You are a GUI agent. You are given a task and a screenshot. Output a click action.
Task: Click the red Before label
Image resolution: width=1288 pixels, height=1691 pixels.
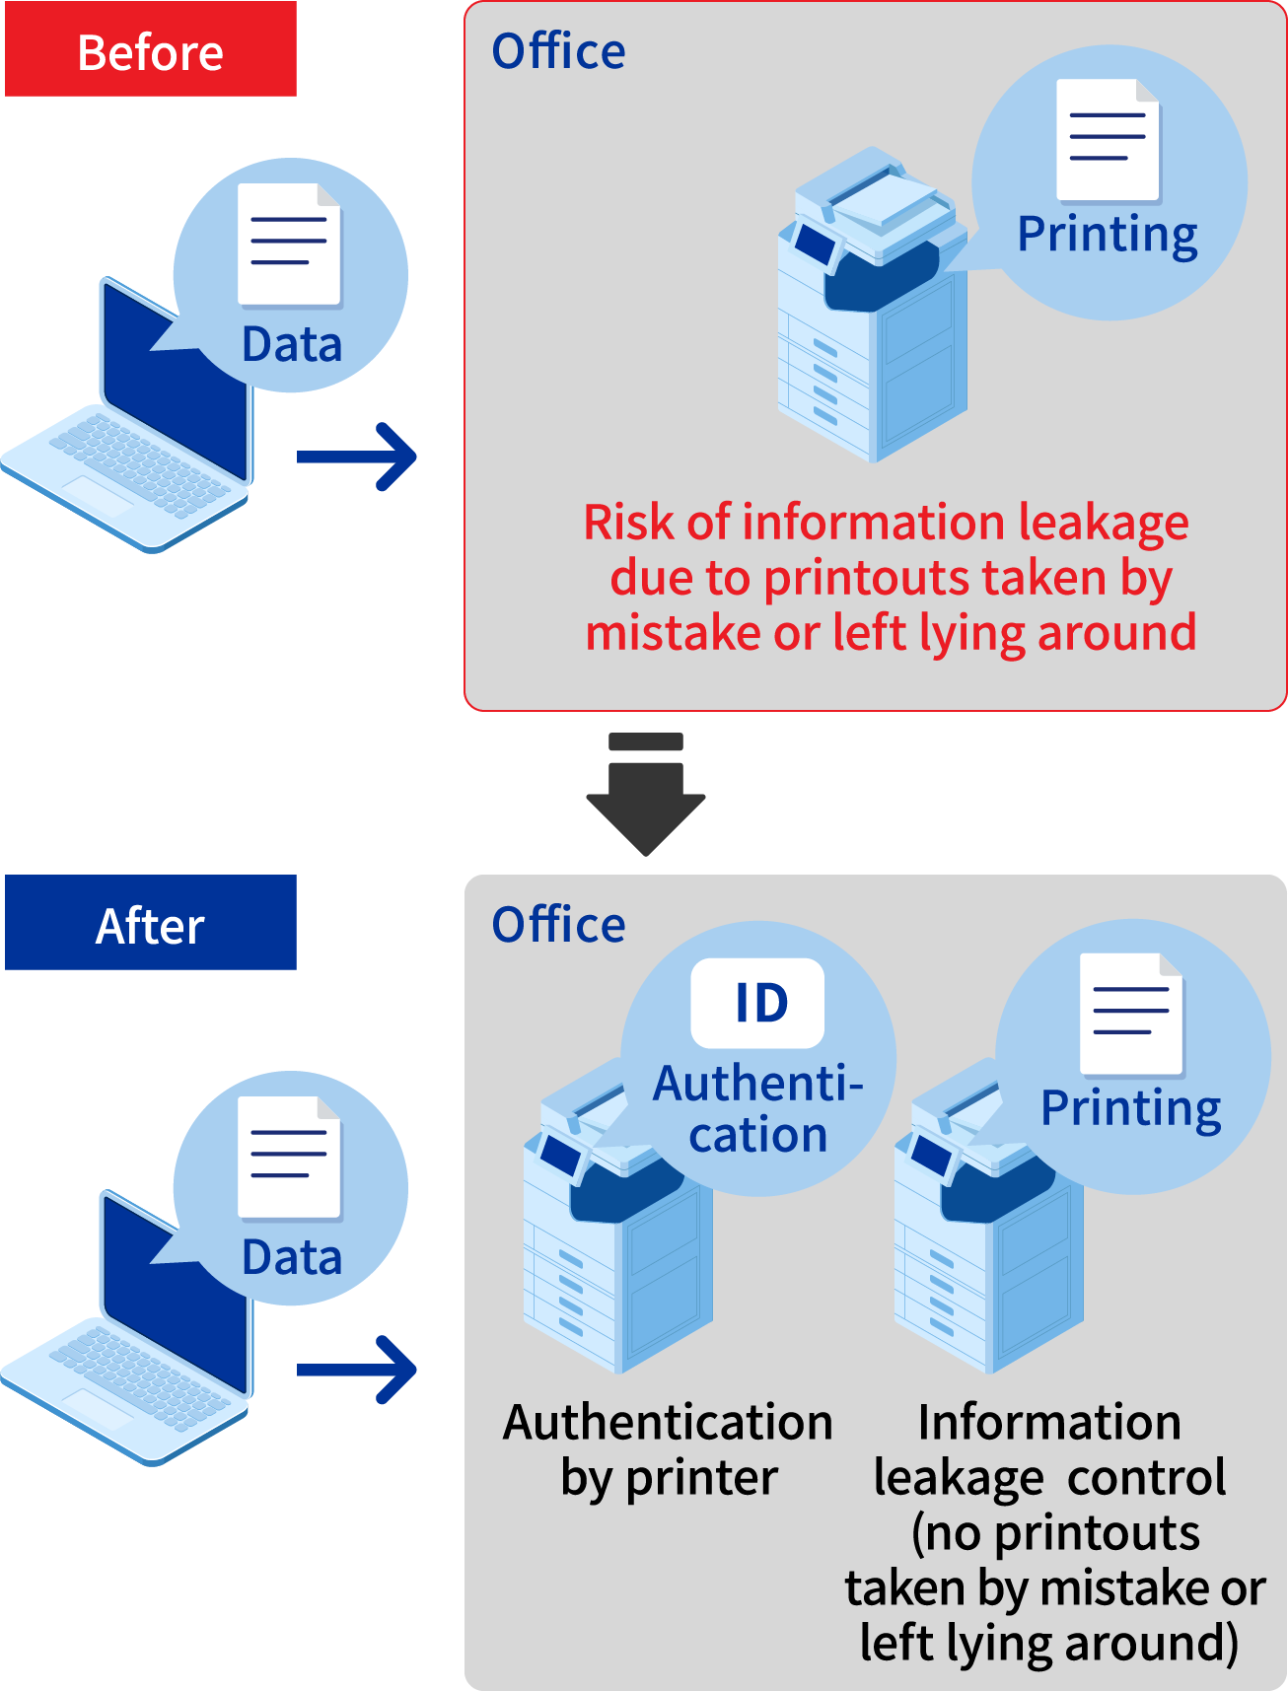click(151, 50)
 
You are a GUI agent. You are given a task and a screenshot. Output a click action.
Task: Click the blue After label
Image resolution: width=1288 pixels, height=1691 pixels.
click(151, 924)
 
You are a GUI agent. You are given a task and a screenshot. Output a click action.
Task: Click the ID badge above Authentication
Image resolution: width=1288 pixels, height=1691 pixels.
click(757, 1003)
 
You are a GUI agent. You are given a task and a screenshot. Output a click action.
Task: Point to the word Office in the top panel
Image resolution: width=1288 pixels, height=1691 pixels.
click(558, 51)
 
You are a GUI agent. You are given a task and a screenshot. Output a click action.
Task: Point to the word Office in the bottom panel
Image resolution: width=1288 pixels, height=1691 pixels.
click(558, 925)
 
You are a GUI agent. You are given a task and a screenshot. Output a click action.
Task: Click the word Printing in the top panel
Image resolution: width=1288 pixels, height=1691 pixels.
click(1107, 235)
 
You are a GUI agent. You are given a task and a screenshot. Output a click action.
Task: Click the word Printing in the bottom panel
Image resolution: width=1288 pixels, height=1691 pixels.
click(1130, 1108)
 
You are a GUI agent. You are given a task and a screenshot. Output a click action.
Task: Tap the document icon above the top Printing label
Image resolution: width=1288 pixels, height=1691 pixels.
click(1108, 139)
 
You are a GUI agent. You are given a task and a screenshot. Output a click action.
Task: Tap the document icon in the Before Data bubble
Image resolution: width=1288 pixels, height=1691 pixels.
click(289, 244)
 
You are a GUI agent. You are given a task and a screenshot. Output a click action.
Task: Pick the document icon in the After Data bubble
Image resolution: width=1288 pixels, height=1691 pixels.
click(289, 1157)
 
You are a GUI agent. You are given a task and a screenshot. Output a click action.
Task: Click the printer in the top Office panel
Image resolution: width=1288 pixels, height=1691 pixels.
click(868, 316)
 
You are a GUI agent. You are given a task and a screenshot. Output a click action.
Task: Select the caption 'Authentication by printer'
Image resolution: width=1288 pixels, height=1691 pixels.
click(668, 1449)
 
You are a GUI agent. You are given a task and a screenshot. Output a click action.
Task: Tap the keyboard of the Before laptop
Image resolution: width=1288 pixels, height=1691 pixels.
click(128, 463)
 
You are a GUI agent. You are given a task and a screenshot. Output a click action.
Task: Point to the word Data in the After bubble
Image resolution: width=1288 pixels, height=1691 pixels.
click(292, 1258)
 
